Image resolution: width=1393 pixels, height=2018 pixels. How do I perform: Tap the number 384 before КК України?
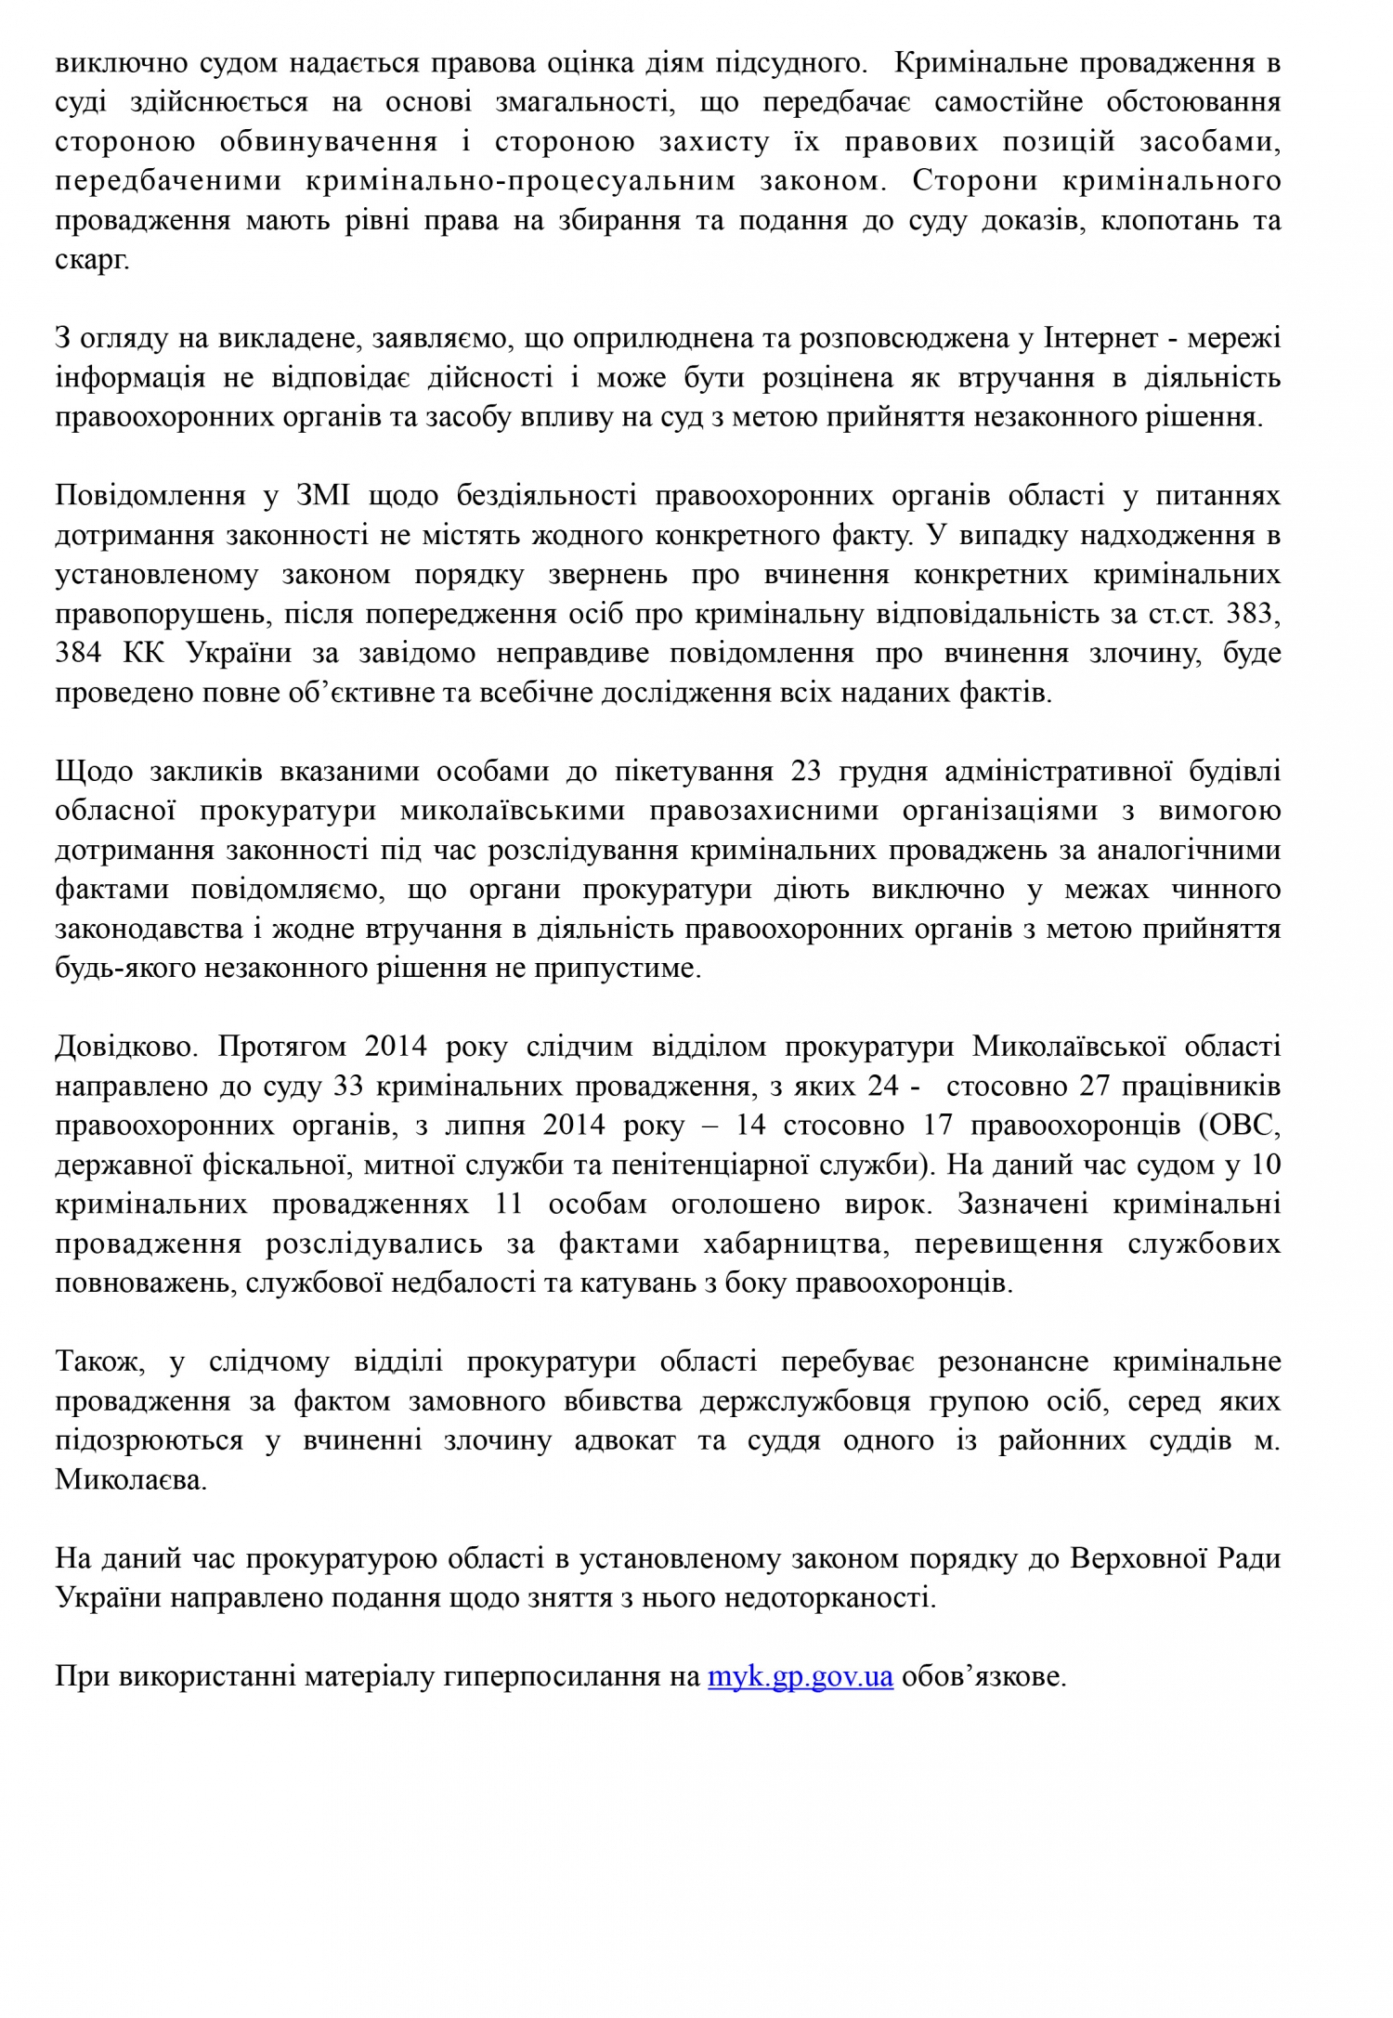pyautogui.click(x=82, y=653)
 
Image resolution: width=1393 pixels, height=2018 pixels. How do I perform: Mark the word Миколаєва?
pyautogui.click(x=130, y=1480)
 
